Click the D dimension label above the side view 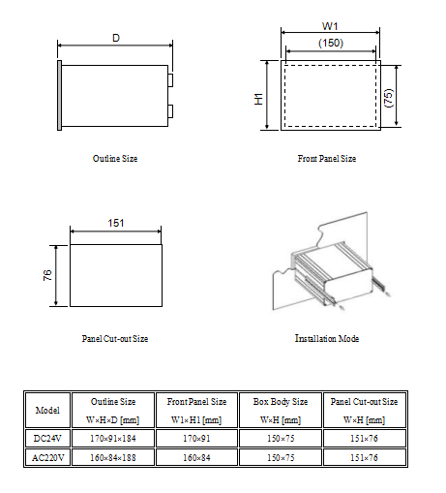pos(116,38)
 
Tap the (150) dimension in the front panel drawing pos(331,44)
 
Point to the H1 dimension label pos(259,96)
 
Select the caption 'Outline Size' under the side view pos(115,158)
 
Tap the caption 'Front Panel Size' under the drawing pos(327,158)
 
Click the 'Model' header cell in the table pos(47,411)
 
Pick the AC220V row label pos(47,455)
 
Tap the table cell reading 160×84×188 pos(114,455)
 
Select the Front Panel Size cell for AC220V pos(197,455)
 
